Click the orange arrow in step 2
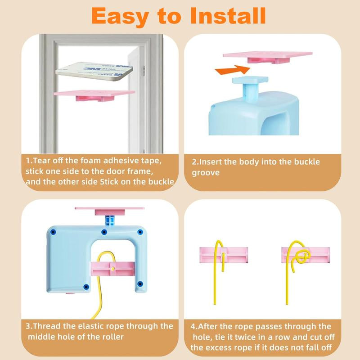[232, 70]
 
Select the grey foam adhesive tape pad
[94, 71]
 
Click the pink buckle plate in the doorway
[94, 95]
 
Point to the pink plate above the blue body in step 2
[268, 58]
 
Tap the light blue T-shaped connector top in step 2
[250, 81]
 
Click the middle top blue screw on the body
[104, 232]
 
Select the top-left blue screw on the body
[53, 232]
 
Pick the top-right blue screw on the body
[140, 232]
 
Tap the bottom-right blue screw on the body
[140, 284]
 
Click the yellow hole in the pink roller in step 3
[112, 268]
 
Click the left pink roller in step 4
[224, 255]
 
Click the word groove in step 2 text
[206, 173]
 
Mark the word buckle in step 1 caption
[161, 182]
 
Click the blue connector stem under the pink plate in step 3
[110, 220]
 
